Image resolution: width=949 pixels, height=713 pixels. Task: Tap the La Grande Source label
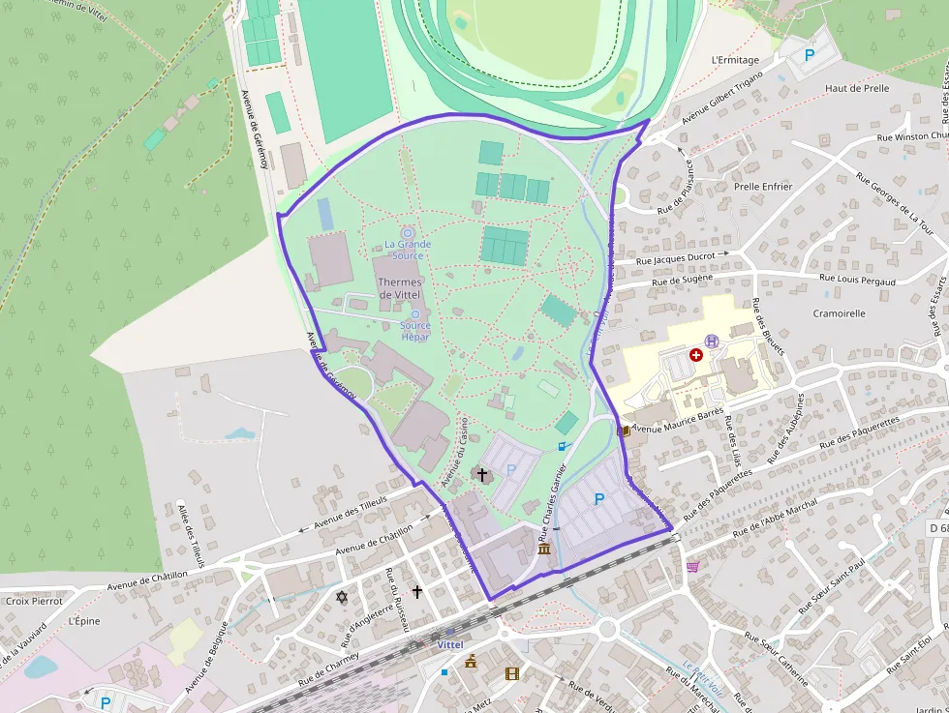point(408,250)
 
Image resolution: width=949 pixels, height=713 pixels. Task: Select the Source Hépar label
point(415,331)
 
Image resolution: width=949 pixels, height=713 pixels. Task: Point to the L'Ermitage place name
point(735,60)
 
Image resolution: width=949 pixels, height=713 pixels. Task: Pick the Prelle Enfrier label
point(763,187)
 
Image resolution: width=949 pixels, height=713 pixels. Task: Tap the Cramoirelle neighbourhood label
point(840,313)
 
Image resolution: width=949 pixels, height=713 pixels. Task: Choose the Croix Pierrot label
point(34,601)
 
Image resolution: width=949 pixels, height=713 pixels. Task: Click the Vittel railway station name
point(450,644)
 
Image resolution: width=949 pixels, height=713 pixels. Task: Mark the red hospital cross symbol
point(695,355)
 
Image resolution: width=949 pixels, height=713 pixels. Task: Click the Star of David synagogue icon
point(341,597)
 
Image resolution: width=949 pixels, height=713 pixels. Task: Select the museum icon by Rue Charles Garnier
point(544,550)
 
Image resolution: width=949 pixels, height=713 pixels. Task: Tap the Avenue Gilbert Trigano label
point(721,98)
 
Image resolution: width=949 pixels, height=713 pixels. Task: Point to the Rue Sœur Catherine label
point(775,657)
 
